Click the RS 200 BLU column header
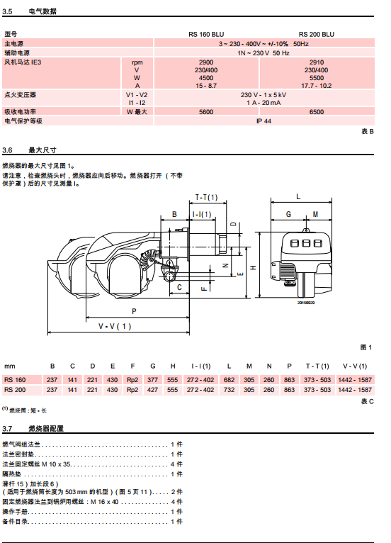coord(316,34)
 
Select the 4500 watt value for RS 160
coord(206,77)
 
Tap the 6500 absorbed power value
coord(316,112)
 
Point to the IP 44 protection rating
coord(263,121)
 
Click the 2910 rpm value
coord(316,62)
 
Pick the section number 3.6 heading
coord(7,150)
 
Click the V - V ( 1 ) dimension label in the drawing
coord(115,326)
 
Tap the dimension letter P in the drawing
coord(135,311)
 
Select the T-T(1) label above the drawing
coord(207,197)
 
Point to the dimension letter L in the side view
coord(298,196)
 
